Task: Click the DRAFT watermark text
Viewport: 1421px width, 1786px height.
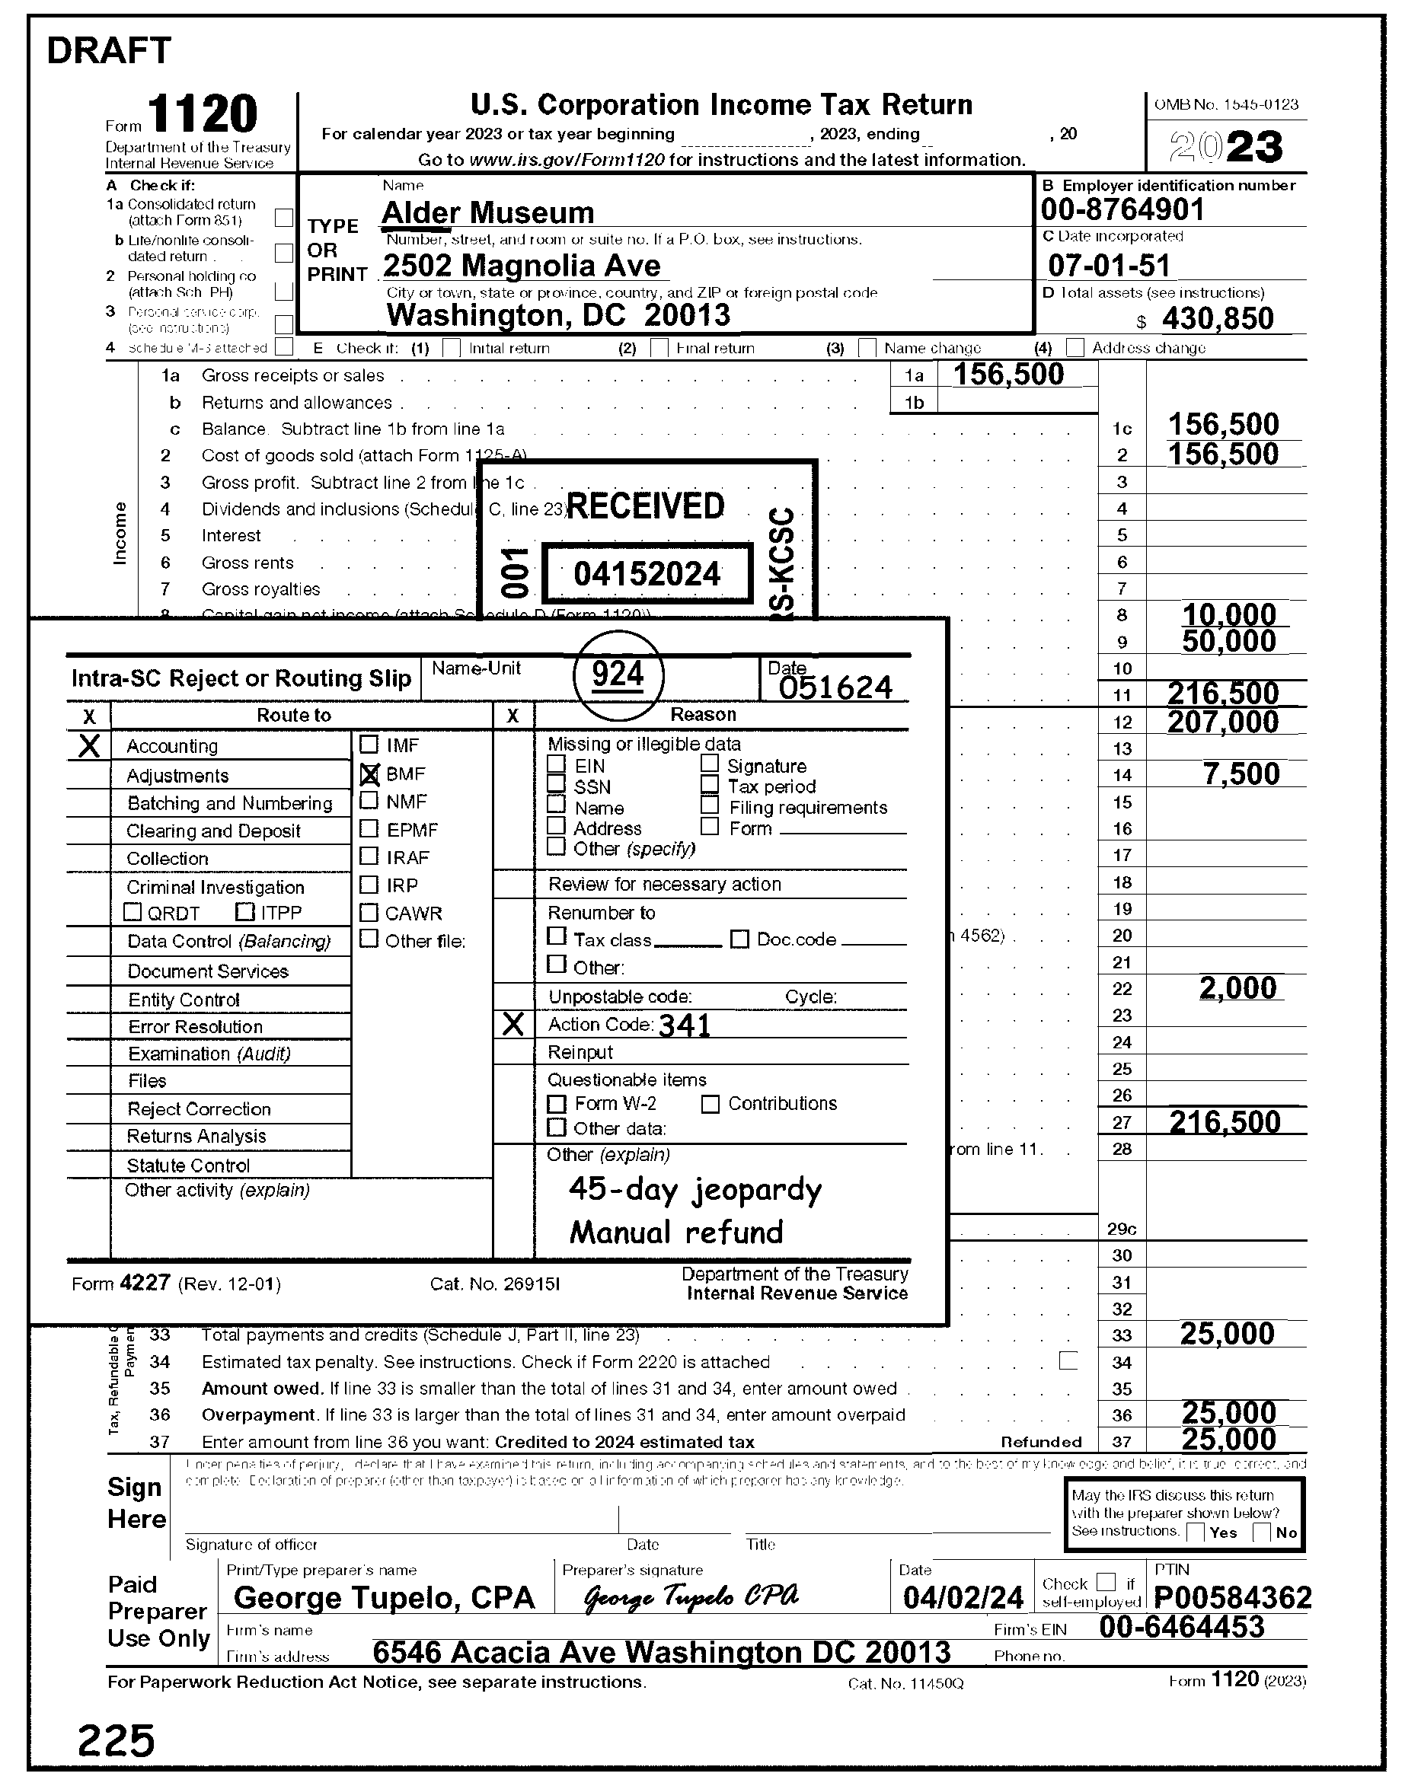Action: click(x=109, y=51)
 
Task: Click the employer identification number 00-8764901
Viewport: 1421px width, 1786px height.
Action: click(x=1122, y=209)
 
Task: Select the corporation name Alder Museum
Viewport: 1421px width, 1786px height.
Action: click(x=487, y=213)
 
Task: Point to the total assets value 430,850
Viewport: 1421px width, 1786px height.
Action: click(x=1217, y=318)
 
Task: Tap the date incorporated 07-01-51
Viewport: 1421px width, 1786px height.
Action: click(x=1109, y=265)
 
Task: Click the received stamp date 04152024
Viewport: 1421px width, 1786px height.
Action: click(x=647, y=573)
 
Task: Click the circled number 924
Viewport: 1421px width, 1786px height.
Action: click(x=618, y=675)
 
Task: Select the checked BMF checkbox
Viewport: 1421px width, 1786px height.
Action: click(x=369, y=773)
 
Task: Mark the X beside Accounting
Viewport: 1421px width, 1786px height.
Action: click(x=88, y=745)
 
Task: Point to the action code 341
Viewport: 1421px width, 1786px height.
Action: click(x=685, y=1025)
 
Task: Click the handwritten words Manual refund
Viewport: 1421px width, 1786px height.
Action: click(x=676, y=1232)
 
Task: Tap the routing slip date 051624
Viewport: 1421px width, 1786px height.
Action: click(x=835, y=687)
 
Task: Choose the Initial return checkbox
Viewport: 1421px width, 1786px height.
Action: click(x=452, y=348)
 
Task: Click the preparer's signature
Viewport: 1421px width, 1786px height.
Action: click(x=691, y=1596)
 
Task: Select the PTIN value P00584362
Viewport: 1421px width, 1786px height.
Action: click(x=1232, y=1596)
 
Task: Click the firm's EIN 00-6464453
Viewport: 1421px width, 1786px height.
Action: click(x=1182, y=1627)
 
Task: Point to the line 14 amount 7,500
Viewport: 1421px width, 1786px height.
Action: click(x=1241, y=773)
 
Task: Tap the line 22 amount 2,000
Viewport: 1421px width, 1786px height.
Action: click(x=1238, y=987)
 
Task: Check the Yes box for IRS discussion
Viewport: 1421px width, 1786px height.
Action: click(x=1195, y=1532)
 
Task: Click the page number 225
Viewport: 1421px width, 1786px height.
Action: click(x=116, y=1740)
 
